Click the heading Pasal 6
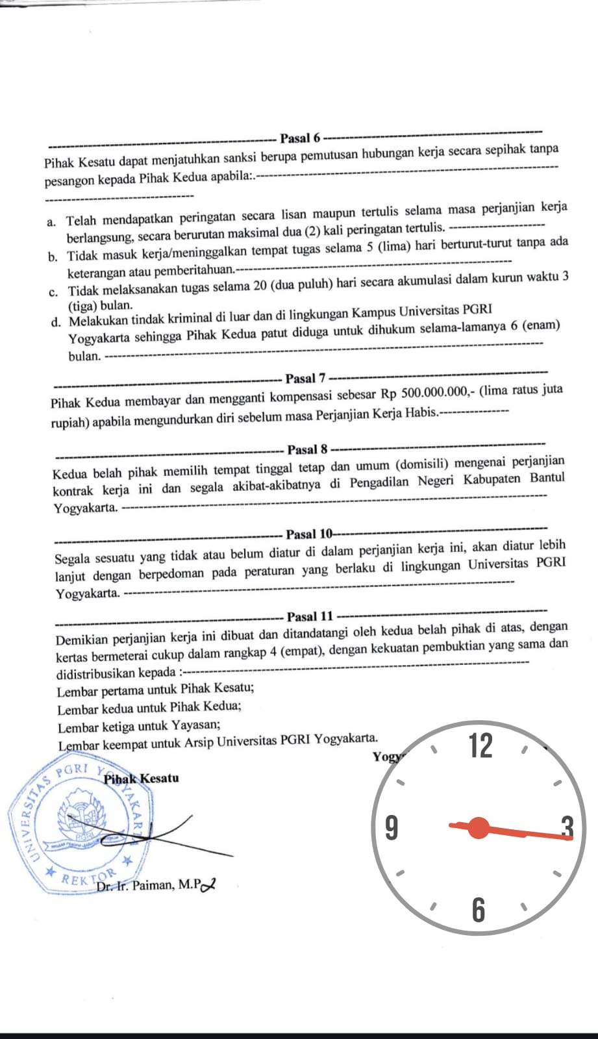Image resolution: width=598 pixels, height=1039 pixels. pyautogui.click(x=300, y=138)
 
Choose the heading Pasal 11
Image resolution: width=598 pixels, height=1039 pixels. pyautogui.click(x=310, y=616)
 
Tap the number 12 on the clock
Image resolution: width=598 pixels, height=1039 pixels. pyautogui.click(x=480, y=746)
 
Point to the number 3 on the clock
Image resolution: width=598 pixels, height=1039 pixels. pyautogui.click(x=567, y=829)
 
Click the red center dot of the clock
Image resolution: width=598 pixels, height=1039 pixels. pyautogui.click(x=479, y=828)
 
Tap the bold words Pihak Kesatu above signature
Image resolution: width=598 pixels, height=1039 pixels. pyautogui.click(x=142, y=778)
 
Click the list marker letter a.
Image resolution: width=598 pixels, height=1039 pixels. pyautogui.click(x=51, y=222)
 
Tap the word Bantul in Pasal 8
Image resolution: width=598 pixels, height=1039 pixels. pyautogui.click(x=547, y=479)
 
